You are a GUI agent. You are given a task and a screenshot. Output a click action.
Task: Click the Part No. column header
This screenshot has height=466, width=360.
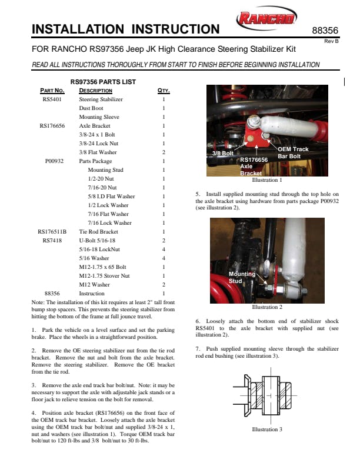pos(52,91)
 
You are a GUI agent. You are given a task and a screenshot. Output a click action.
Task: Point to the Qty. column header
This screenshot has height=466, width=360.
pos(164,91)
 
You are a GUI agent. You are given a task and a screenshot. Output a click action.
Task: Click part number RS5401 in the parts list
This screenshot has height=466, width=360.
pos(52,99)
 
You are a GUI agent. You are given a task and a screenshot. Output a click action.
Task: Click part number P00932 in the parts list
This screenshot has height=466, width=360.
pos(54,161)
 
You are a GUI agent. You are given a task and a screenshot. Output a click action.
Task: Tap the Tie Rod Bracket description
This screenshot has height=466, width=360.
pos(99,232)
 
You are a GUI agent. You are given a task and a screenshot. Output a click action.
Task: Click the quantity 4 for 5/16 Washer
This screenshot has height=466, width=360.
pos(164,258)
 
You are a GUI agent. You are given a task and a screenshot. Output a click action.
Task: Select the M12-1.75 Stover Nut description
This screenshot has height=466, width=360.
pos(105,276)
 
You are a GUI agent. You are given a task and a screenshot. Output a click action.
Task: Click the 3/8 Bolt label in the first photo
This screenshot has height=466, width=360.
pos(222,153)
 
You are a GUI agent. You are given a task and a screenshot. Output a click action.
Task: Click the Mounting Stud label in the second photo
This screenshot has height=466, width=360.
pos(242,278)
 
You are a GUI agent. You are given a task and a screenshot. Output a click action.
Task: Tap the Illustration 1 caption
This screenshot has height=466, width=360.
pos(266,180)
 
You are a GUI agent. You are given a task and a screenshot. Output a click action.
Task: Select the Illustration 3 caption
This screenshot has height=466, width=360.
pos(266,430)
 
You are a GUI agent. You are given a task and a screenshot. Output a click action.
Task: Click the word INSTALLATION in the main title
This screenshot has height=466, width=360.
pos(78,29)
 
